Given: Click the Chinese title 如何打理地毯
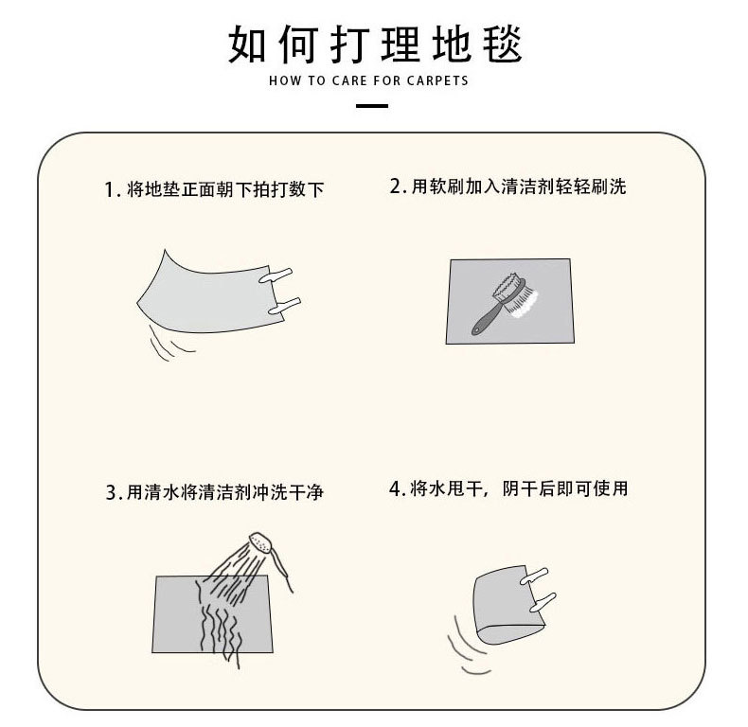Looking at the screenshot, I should click(x=375, y=43).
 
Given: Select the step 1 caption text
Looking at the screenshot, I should click(x=215, y=190).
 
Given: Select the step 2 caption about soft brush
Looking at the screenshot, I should click(x=508, y=186).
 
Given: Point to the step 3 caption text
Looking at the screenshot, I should click(x=221, y=493).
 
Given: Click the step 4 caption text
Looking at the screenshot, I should click(x=508, y=489).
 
